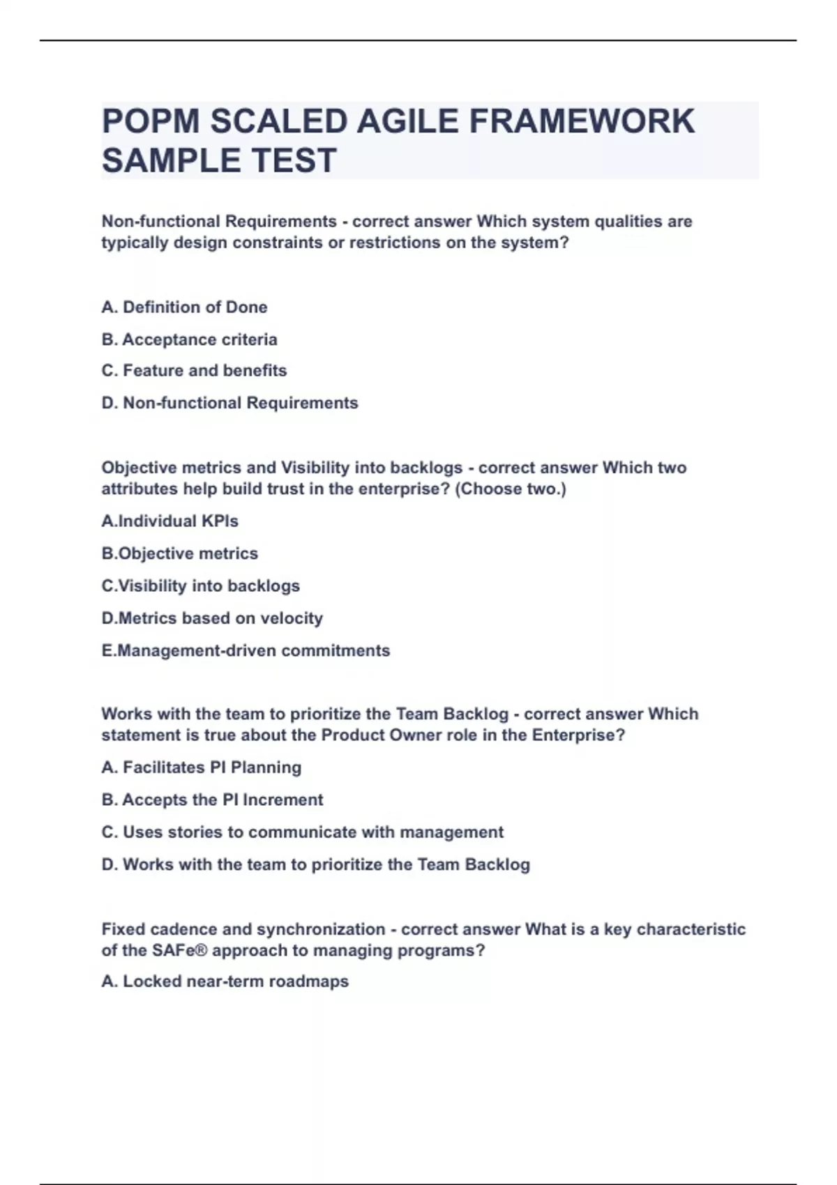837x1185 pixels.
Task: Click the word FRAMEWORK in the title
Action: (582, 121)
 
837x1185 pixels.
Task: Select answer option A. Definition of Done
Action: (184, 307)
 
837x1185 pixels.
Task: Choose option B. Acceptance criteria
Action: (189, 339)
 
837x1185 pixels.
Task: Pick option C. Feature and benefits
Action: (194, 371)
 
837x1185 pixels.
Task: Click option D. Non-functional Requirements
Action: (229, 403)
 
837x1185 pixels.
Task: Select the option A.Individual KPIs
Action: (169, 521)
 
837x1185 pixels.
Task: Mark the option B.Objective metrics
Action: (179, 553)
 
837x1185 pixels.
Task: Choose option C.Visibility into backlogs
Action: (200, 586)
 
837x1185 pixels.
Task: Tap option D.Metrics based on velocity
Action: (212, 618)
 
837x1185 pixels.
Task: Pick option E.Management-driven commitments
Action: (246, 650)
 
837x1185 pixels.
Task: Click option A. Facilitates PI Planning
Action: (201, 767)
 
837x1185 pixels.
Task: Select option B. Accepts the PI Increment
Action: (212, 800)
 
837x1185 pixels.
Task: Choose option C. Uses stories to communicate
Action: (302, 832)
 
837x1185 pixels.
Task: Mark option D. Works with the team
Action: (315, 864)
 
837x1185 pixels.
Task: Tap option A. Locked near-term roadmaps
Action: (225, 981)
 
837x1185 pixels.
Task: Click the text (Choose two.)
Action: (510, 489)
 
